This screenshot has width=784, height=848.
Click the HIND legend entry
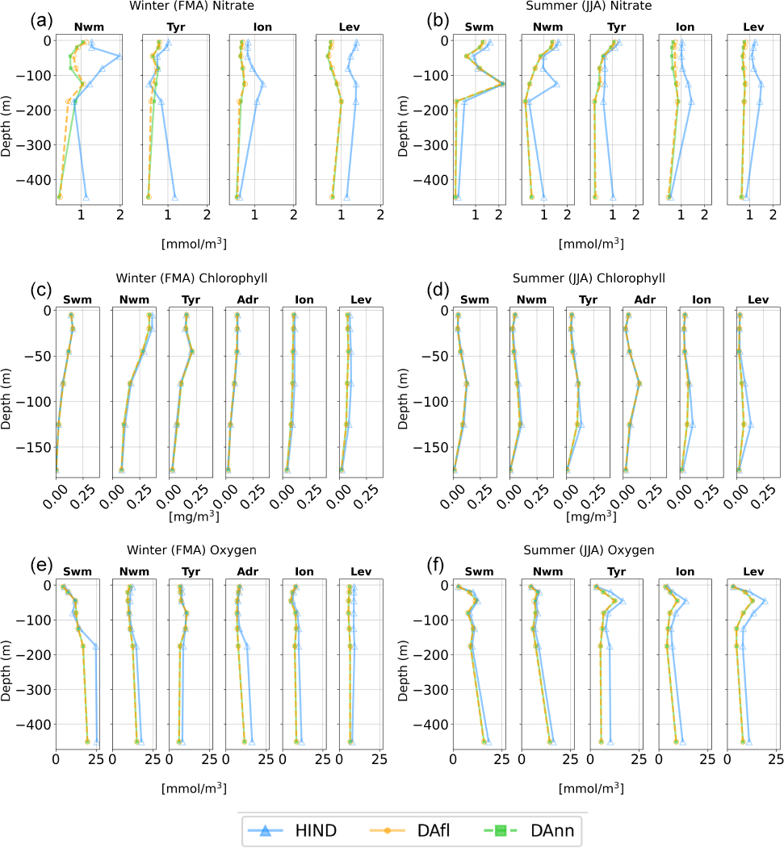[303, 829]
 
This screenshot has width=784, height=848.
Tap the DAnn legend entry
[534, 829]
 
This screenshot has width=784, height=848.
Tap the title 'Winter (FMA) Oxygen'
[191, 550]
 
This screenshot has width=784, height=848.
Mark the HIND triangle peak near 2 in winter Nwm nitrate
[119, 56]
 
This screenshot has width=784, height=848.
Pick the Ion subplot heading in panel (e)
[304, 572]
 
